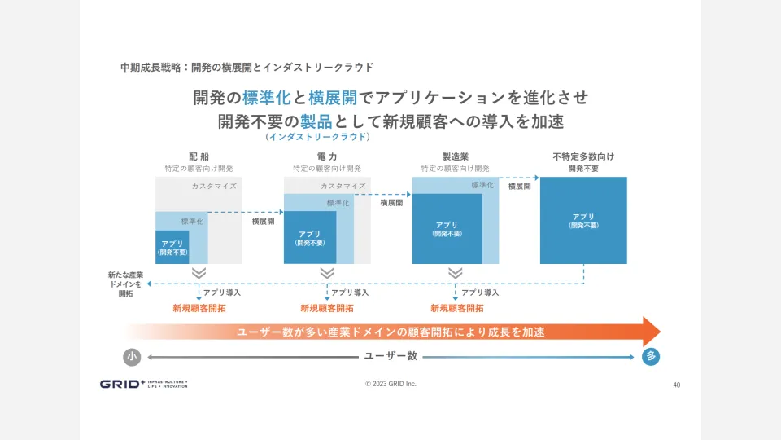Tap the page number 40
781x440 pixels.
(677, 385)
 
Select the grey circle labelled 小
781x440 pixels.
(132, 357)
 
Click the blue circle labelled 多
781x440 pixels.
(651, 357)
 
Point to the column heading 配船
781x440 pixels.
(199, 156)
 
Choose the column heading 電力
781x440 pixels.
(327, 156)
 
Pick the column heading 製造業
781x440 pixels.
(455, 156)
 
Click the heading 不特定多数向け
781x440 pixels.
(583, 156)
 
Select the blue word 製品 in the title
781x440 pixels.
(316, 121)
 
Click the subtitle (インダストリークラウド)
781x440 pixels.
(317, 137)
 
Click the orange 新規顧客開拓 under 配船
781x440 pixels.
(199, 309)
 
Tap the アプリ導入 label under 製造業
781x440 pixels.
(480, 292)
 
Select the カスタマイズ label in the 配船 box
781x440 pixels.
(214, 186)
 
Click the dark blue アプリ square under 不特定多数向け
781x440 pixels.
(583, 220)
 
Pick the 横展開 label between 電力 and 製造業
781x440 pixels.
(391, 202)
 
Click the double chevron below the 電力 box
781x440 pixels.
(327, 273)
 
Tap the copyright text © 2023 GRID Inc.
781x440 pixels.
(390, 384)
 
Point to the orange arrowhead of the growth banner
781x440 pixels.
(651, 332)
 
